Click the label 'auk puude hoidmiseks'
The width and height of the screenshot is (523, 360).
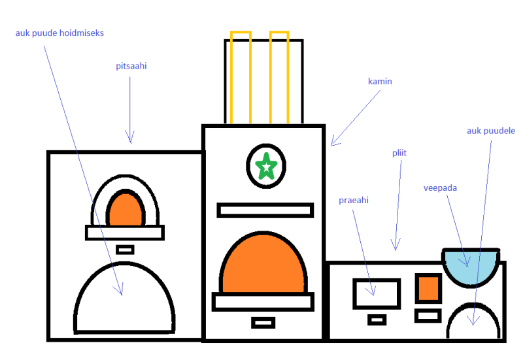click(x=59, y=33)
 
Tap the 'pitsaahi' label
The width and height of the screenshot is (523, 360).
click(x=131, y=66)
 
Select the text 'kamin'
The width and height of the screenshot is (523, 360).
click(x=380, y=82)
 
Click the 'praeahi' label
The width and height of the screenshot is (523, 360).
click(x=354, y=201)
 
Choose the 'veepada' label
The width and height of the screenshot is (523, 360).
click(x=440, y=188)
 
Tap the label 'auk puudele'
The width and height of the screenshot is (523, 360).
click(x=491, y=131)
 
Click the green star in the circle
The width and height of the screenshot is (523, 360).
click(x=267, y=166)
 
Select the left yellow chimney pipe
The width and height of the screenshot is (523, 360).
click(x=241, y=76)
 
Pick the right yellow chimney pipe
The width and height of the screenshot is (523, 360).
click(x=279, y=76)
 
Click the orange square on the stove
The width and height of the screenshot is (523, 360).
click(x=428, y=288)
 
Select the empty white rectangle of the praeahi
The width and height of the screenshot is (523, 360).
click(x=376, y=293)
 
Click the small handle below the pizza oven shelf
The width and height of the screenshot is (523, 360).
click(x=125, y=249)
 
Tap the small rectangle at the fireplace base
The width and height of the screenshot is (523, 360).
click(x=263, y=322)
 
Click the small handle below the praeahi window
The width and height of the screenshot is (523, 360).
click(x=377, y=319)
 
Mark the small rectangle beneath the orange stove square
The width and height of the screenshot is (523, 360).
click(x=428, y=316)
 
